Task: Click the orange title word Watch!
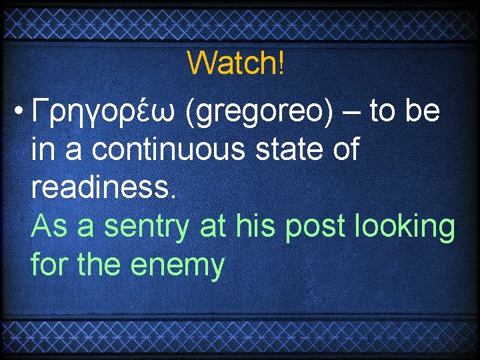[x=236, y=63]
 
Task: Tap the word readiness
[x=104, y=188]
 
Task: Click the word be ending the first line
[x=422, y=111]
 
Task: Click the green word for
[x=50, y=265]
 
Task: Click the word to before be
[x=383, y=112]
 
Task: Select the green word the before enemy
[x=100, y=265]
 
